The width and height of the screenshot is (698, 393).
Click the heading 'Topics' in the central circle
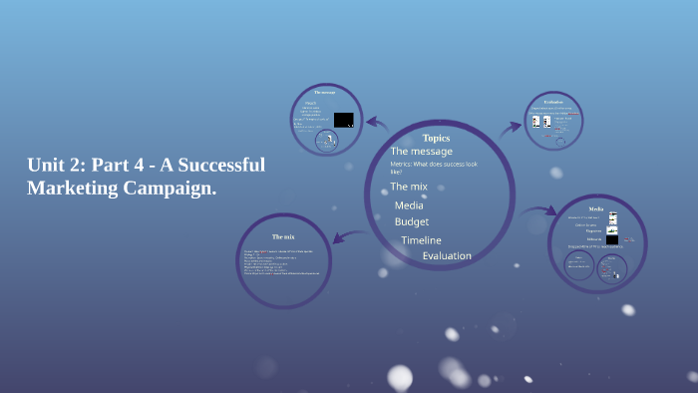tap(436, 138)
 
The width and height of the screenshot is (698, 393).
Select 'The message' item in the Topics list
tap(421, 151)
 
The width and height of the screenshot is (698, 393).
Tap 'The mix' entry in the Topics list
tap(409, 187)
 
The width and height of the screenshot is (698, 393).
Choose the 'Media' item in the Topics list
tap(409, 205)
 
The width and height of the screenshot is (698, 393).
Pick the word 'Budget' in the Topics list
tap(412, 221)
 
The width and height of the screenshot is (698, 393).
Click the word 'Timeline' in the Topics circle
tap(421, 240)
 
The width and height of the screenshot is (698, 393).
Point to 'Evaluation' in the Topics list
tap(447, 256)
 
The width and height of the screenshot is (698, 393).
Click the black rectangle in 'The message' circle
tap(343, 120)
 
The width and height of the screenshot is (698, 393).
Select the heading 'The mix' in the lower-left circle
tap(283, 236)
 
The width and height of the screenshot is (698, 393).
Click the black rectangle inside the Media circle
tap(611, 239)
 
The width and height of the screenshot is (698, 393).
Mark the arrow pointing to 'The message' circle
tap(376, 124)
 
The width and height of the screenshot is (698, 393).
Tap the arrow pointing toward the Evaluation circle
tap(512, 127)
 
